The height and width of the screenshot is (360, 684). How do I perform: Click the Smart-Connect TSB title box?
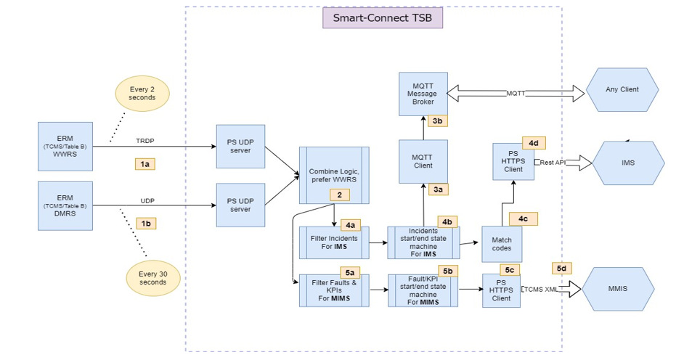coord(383,18)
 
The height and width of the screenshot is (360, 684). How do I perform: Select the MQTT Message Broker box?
coord(423,94)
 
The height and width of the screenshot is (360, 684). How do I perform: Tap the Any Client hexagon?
coord(622,90)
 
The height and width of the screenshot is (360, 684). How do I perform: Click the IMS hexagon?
coord(628,163)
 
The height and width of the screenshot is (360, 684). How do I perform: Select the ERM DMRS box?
coord(65,206)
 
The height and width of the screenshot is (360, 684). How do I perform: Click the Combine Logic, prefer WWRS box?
coord(334,175)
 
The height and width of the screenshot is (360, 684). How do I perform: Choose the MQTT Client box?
coord(423,161)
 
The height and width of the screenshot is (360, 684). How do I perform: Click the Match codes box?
coord(502,244)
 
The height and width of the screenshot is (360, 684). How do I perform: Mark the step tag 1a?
coord(145,165)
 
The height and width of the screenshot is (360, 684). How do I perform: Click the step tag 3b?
coord(439,122)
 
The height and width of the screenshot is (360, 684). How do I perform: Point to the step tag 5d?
coord(563,268)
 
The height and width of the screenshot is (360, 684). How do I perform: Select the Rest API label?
coord(552,162)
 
